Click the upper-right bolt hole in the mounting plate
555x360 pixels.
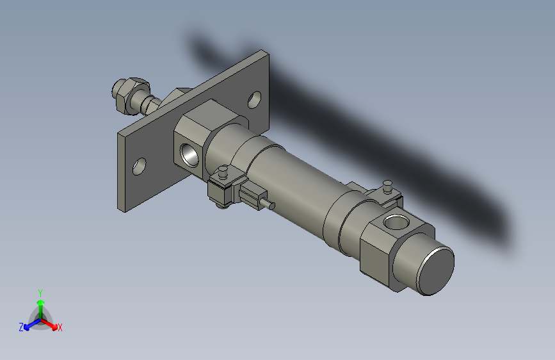pyautogui.click(x=254, y=99)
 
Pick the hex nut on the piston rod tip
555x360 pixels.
pyautogui.click(x=122, y=94)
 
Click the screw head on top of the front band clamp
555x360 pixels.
pyautogui.click(x=223, y=171)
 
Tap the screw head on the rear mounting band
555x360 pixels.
pyautogui.click(x=387, y=185)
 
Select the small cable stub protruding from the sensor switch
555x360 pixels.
pyautogui.click(x=269, y=205)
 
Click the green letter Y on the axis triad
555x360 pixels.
pyautogui.click(x=40, y=292)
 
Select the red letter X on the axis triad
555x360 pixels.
pyautogui.click(x=60, y=328)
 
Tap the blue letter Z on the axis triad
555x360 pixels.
pyautogui.click(x=21, y=327)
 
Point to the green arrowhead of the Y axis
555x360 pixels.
pyautogui.click(x=40, y=302)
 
